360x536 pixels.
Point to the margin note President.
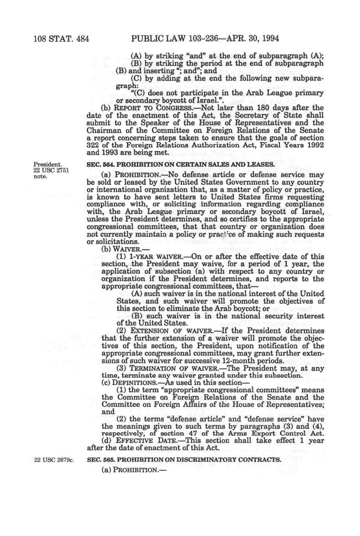47,164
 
